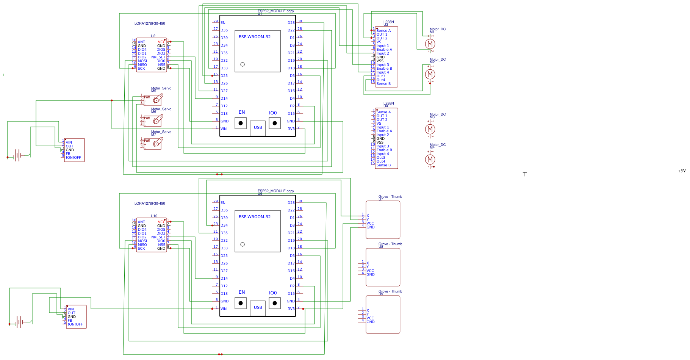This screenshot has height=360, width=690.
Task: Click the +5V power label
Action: pos(682,171)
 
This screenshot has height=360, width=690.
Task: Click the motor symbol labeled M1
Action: pos(430,44)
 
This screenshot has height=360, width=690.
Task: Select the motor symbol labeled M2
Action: pos(430,74)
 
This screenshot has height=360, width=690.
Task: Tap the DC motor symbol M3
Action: pos(430,129)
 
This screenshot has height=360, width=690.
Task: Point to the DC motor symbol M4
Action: pos(430,160)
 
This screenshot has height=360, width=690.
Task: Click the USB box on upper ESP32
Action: pos(258,128)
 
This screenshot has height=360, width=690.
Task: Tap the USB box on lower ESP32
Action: pos(258,308)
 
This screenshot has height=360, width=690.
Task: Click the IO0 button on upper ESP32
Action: pos(274,123)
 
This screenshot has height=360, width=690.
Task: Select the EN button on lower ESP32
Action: pos(241,303)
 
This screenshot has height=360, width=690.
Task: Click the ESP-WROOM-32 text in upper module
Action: pos(255,37)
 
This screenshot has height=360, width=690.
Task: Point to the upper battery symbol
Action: pos(17,155)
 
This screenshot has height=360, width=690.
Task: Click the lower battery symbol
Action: pos(19,322)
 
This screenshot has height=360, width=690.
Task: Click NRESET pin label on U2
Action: pos(158,57)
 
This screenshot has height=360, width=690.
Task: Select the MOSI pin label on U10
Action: pos(142,241)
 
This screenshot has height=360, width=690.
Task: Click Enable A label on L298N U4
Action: pos(384,131)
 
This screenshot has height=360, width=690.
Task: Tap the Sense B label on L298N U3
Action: pos(383,84)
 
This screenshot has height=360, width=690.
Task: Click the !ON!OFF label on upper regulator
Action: pos(74,158)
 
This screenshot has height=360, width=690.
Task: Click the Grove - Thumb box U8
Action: pos(383,267)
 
